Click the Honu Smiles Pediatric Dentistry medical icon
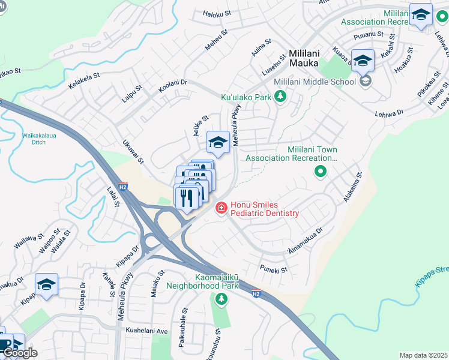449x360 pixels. point(221,208)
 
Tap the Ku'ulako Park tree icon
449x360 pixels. point(279,96)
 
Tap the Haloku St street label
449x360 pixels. point(216,13)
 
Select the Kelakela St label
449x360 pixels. point(83,82)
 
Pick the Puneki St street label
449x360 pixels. point(274,269)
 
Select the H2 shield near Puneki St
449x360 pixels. point(256,293)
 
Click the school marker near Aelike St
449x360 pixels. point(218,143)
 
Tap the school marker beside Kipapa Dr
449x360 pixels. point(46,285)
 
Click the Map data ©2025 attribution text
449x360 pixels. point(423,355)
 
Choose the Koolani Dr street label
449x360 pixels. point(173,86)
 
